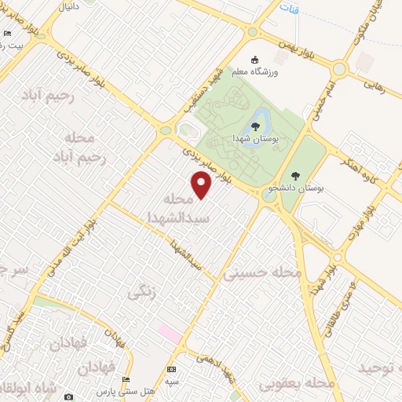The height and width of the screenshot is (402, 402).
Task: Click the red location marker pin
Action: click(x=203, y=185)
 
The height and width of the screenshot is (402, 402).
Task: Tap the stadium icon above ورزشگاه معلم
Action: click(x=254, y=60)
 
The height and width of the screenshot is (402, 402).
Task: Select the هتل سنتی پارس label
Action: click(x=126, y=391)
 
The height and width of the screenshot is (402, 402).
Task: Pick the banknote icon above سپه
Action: click(x=171, y=369)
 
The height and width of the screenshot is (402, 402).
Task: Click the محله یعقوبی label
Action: click(x=300, y=382)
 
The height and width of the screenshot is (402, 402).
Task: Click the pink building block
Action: click(x=170, y=332)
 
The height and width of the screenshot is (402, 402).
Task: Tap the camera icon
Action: click(x=68, y=397)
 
